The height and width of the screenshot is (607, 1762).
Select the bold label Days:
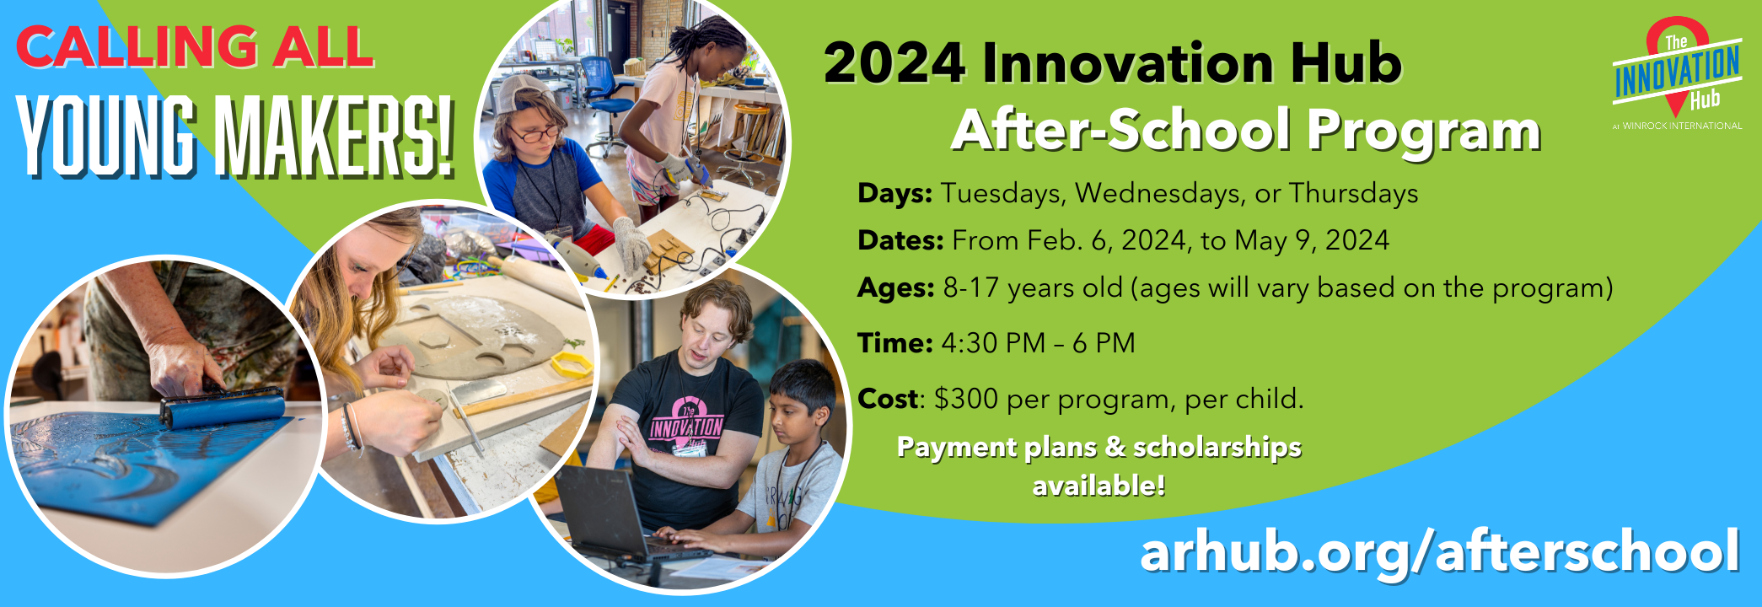894,194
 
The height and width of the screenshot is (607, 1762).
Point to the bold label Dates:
900,241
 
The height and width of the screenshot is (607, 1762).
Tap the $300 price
966,398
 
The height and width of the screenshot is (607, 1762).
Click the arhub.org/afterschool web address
1440,551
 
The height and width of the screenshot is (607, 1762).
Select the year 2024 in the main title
895,63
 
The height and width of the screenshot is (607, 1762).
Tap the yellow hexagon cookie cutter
572,366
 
